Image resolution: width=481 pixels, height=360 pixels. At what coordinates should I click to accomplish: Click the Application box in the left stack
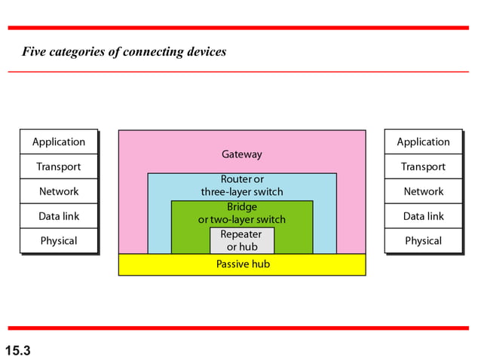(59, 142)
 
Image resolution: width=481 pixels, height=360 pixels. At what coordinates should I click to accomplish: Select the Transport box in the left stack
(59, 166)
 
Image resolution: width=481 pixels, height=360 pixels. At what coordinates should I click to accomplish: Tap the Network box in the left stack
(59, 191)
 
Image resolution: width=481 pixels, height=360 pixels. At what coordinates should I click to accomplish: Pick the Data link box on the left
(59, 216)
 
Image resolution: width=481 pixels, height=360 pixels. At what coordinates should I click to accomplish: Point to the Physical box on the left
(59, 241)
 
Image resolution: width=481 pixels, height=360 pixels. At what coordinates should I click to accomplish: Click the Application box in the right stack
(423, 142)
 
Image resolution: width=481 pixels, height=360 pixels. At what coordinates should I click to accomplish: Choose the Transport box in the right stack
(423, 166)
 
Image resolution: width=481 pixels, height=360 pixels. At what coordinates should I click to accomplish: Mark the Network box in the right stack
(423, 191)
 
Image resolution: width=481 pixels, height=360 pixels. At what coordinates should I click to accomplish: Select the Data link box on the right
(423, 216)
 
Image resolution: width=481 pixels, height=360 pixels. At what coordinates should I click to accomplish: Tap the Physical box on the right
(423, 241)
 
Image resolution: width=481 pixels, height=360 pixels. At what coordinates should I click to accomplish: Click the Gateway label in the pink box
(242, 154)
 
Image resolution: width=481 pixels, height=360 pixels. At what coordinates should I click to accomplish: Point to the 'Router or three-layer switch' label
(242, 185)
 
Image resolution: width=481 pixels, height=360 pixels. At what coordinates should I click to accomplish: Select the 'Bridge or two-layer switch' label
(242, 213)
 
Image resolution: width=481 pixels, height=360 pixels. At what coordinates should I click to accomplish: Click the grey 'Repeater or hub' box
(242, 240)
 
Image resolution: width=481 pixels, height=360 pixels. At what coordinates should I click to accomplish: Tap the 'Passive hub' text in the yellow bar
(243, 264)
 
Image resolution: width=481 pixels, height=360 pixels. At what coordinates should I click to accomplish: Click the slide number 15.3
(17, 349)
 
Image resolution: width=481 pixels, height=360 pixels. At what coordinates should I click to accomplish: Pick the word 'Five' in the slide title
(35, 52)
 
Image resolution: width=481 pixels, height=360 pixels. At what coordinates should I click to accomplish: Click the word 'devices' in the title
(205, 52)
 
